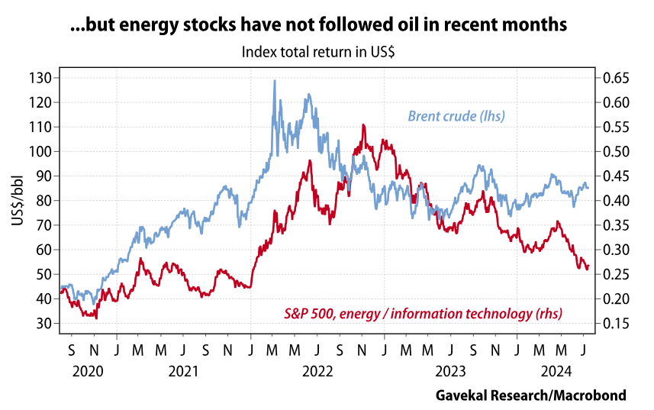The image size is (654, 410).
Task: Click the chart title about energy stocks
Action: pos(318,24)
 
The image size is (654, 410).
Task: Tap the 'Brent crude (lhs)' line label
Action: pos(456,116)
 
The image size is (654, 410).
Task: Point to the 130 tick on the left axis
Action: pos(40,78)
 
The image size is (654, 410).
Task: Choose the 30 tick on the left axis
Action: pos(43,324)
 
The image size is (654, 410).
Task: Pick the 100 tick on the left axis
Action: pos(40,151)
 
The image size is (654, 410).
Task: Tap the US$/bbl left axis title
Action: pos(17,201)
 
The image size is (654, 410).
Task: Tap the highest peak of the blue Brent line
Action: pos(275,80)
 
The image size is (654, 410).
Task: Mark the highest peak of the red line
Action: pos(363,124)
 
